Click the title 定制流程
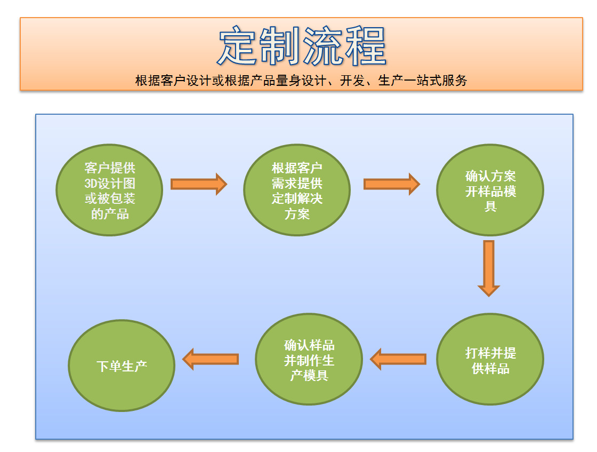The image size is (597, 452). click(x=302, y=47)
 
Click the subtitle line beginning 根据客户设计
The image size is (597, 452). click(x=301, y=81)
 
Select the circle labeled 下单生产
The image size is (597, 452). click(x=122, y=366)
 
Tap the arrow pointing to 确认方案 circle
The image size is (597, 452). click(x=391, y=184)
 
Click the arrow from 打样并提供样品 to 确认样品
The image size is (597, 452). click(x=398, y=359)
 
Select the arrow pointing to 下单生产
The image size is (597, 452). click(x=211, y=359)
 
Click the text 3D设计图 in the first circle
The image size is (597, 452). click(x=110, y=183)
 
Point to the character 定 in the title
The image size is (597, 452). click(x=238, y=47)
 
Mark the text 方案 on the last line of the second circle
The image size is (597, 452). click(x=297, y=215)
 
